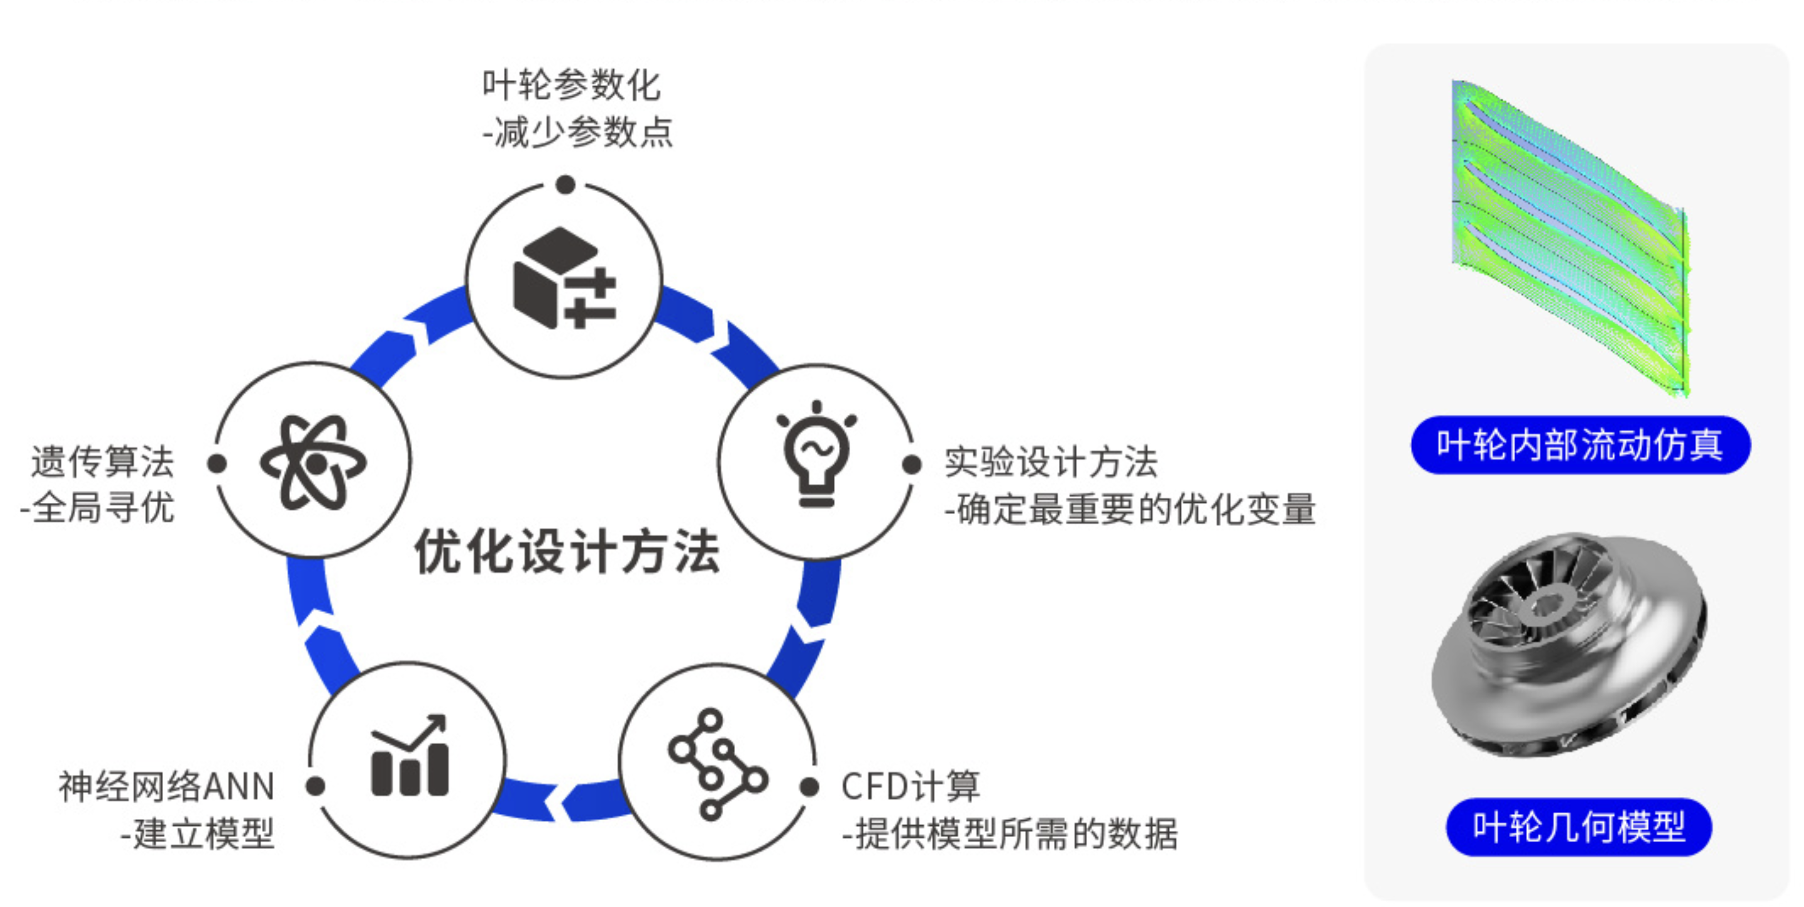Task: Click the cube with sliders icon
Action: (564, 278)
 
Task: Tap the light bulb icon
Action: (816, 455)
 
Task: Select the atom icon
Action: (313, 462)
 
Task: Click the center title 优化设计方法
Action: (567, 552)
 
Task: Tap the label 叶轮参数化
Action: (571, 86)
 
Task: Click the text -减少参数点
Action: (578, 132)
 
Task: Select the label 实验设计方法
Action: (1051, 462)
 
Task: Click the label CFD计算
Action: (910, 786)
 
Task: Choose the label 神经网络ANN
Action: (167, 786)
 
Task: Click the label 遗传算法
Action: (103, 462)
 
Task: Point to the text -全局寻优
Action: (98, 507)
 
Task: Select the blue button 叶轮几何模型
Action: (1578, 827)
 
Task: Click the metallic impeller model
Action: (1569, 644)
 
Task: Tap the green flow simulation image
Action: (1569, 238)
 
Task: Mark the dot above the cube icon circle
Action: (566, 185)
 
